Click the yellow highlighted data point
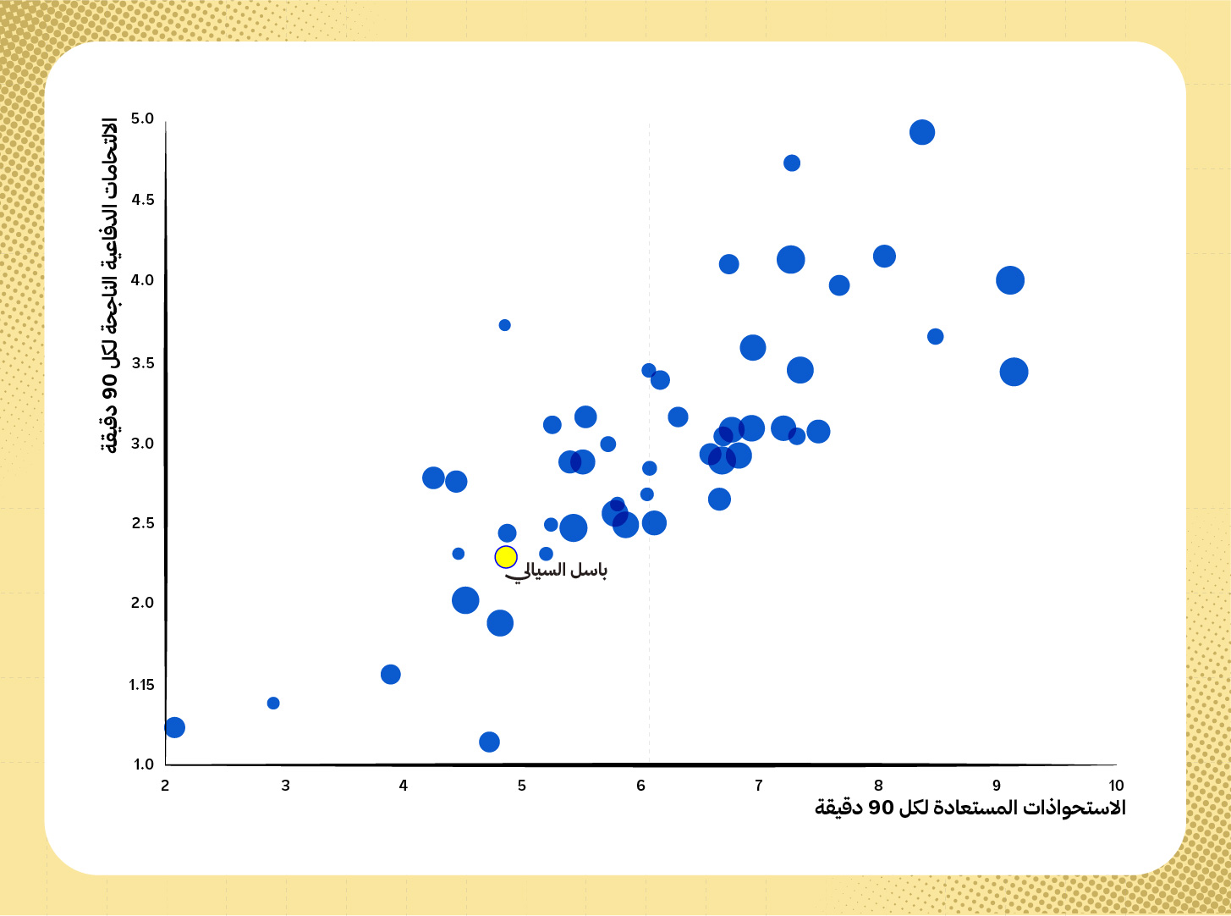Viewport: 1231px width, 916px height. [x=506, y=556]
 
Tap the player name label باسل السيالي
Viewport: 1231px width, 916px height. [x=556, y=571]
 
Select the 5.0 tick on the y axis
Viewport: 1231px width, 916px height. [x=142, y=119]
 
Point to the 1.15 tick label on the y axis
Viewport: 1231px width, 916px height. [x=141, y=685]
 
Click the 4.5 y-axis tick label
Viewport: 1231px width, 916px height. [x=143, y=200]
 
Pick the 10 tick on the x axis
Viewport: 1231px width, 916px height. [x=1116, y=786]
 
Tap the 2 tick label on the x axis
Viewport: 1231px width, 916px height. [x=165, y=786]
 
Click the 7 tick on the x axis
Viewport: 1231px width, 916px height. [x=759, y=786]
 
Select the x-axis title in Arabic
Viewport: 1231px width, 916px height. [x=970, y=808]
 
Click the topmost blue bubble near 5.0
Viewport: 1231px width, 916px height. [x=922, y=132]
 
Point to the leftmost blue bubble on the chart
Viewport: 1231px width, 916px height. [x=174, y=727]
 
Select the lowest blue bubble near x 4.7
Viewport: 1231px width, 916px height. [x=489, y=742]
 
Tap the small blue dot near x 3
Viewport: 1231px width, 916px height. [x=273, y=704]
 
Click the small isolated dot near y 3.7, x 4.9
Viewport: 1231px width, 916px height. [x=504, y=325]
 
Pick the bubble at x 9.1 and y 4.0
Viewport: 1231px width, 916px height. [x=1010, y=280]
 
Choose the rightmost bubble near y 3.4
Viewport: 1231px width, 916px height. [x=1014, y=372]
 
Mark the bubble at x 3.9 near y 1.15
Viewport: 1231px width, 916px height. [x=391, y=675]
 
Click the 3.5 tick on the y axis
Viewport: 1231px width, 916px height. [x=143, y=363]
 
